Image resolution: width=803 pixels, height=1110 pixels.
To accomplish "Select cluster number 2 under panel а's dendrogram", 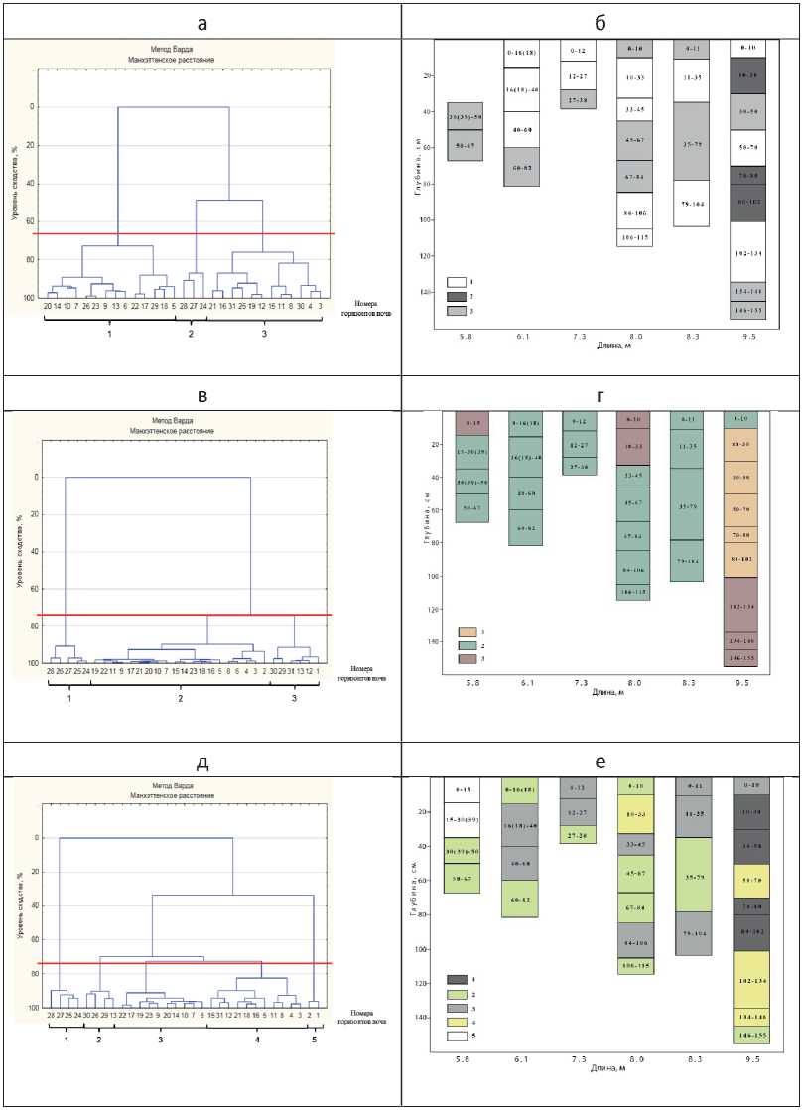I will coord(191,334).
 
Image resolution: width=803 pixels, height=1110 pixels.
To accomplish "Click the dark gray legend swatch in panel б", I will coord(458,297).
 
